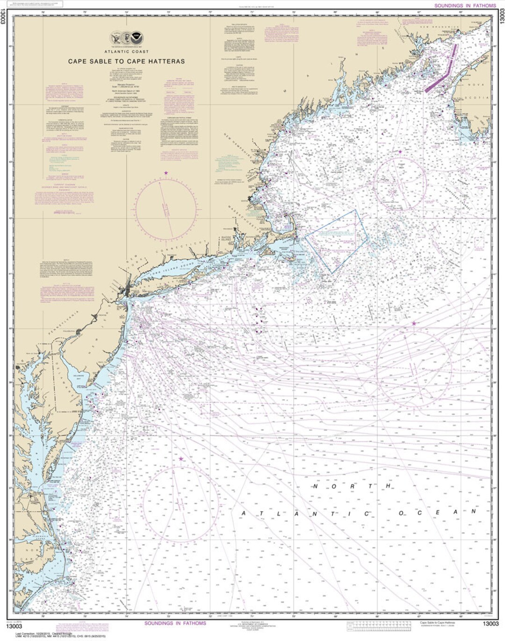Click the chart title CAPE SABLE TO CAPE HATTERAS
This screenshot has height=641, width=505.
click(126, 61)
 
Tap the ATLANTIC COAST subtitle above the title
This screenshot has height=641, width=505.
click(126, 52)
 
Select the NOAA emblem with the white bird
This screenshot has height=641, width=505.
click(137, 38)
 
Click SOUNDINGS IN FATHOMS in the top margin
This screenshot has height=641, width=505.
click(465, 6)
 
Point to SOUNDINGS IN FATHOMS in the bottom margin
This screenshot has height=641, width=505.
click(175, 623)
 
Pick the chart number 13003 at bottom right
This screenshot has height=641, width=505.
click(491, 624)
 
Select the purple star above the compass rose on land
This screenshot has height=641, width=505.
click(166, 173)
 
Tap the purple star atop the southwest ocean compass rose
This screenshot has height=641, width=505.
click(181, 459)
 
